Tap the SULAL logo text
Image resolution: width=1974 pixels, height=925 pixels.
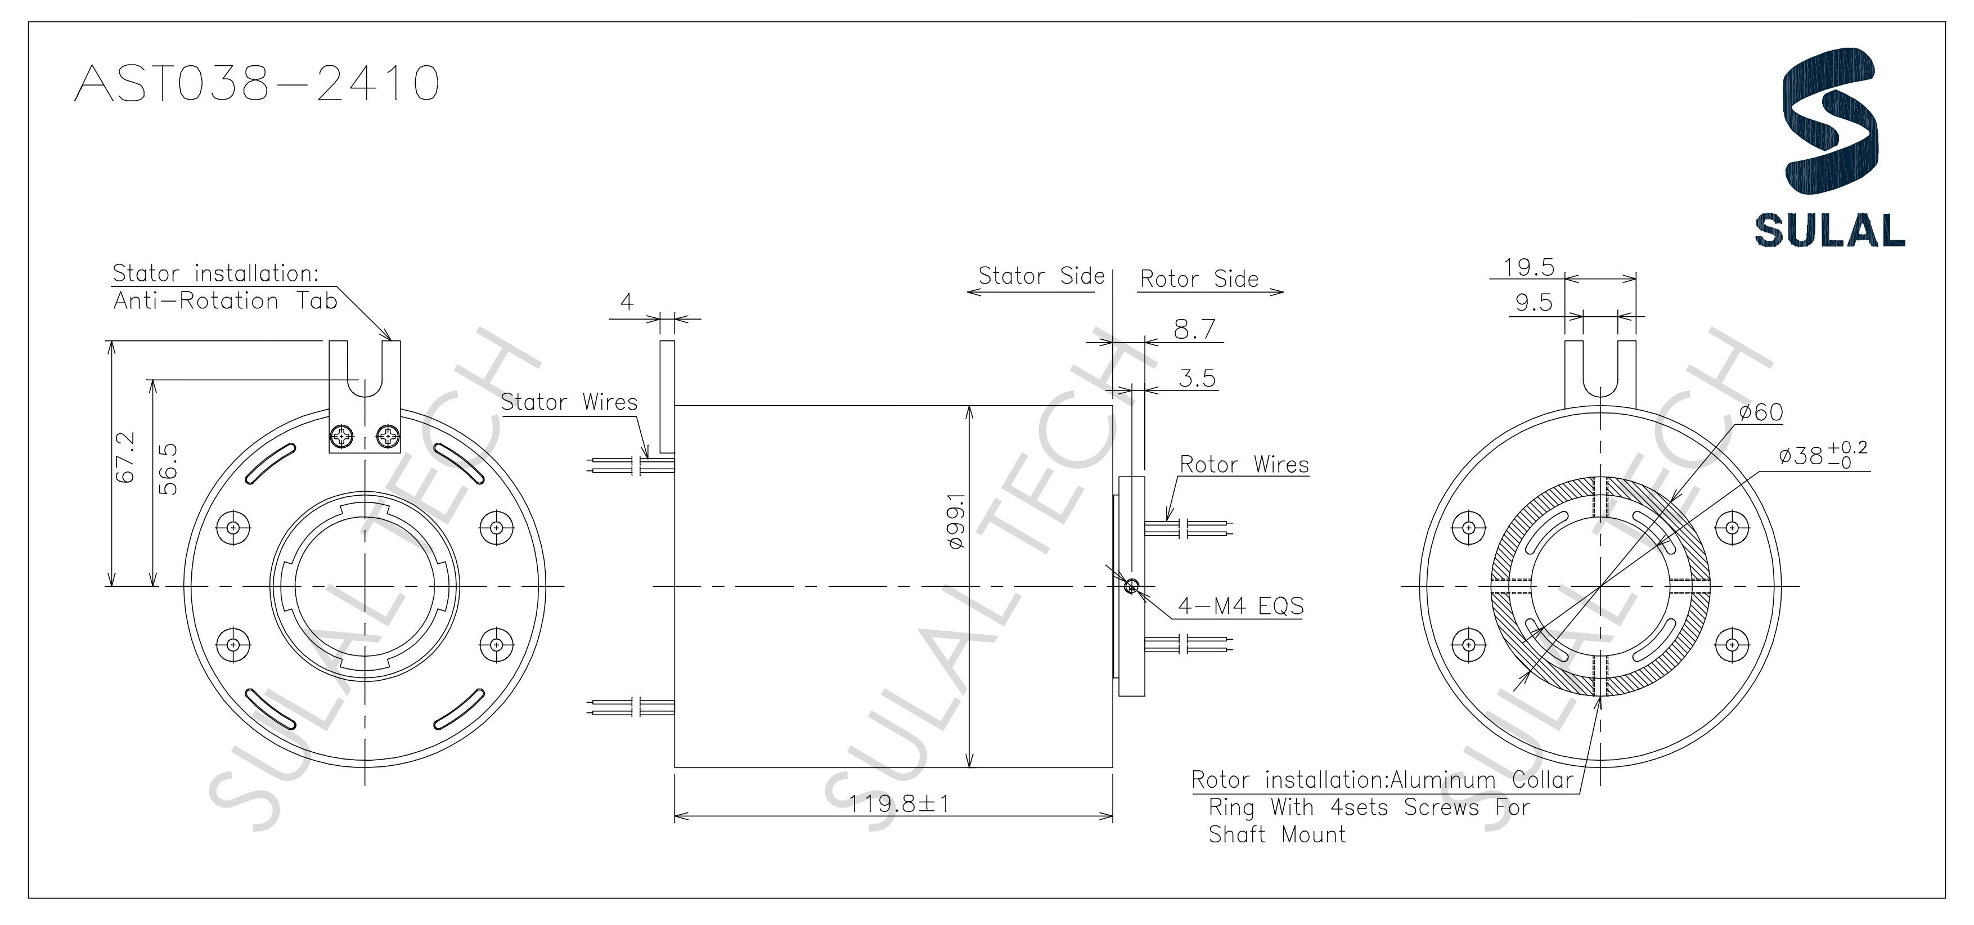point(1829,230)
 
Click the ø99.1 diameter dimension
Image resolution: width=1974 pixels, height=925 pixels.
point(956,521)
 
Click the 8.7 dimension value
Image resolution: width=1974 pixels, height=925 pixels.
point(1195,330)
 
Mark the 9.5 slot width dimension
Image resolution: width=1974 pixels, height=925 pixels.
point(1534,303)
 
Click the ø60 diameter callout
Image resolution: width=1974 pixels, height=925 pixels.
point(1760,413)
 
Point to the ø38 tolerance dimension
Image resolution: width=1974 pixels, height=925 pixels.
point(1822,456)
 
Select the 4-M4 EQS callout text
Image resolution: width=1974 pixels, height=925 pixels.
point(1240,606)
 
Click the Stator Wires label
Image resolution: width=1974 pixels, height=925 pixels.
point(569,402)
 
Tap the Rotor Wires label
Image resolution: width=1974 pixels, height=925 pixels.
point(1244,464)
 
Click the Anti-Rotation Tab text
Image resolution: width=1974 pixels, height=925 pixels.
point(225,301)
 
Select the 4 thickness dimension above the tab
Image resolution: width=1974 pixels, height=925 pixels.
point(627,302)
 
